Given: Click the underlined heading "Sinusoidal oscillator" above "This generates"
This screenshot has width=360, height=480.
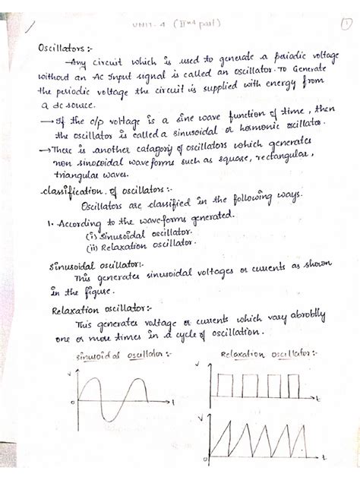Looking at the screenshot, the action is (84, 266).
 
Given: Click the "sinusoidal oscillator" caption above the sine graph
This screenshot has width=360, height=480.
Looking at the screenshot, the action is (120, 357).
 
